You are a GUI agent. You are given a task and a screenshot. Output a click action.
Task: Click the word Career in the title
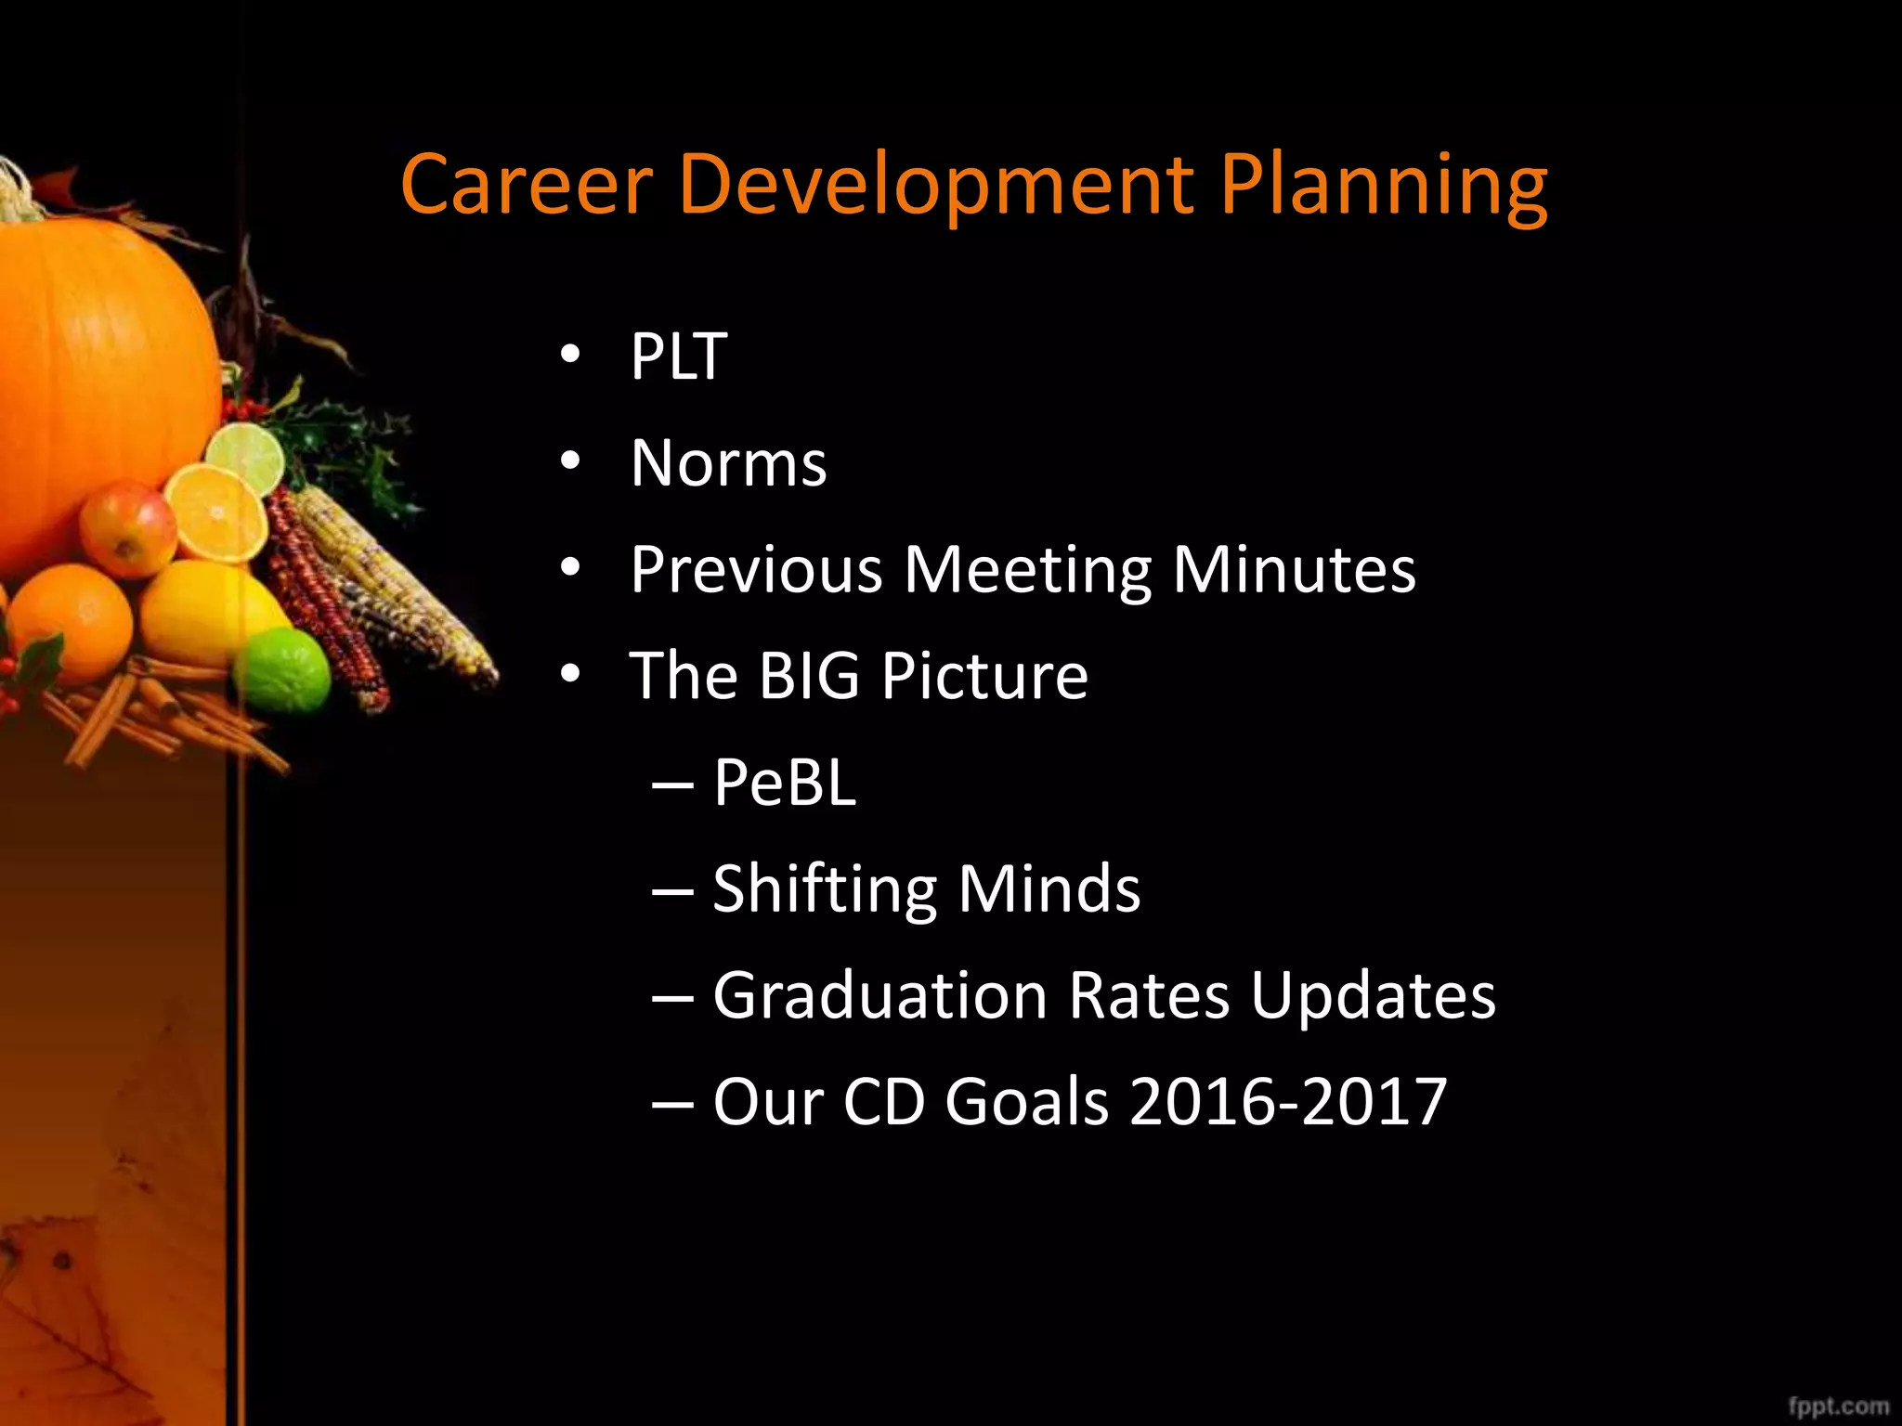click(527, 184)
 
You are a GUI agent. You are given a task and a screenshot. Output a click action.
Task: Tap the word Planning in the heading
click(1383, 186)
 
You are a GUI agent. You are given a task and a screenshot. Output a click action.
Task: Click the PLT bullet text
click(678, 356)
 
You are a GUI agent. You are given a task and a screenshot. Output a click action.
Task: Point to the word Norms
click(728, 463)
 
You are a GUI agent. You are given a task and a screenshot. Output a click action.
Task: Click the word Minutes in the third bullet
click(1294, 569)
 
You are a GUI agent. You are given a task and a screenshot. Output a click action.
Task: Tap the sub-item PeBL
click(784, 782)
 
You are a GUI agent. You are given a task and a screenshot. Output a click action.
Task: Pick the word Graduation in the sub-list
click(879, 995)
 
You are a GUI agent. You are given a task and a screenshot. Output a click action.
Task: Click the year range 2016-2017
click(1288, 1102)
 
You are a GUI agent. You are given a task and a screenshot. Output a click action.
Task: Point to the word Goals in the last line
click(1026, 1102)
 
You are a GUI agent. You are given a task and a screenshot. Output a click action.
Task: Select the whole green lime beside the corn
click(281, 670)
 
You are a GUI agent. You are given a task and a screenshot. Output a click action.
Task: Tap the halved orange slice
click(215, 513)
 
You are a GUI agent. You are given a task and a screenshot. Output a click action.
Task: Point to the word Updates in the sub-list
click(1373, 995)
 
